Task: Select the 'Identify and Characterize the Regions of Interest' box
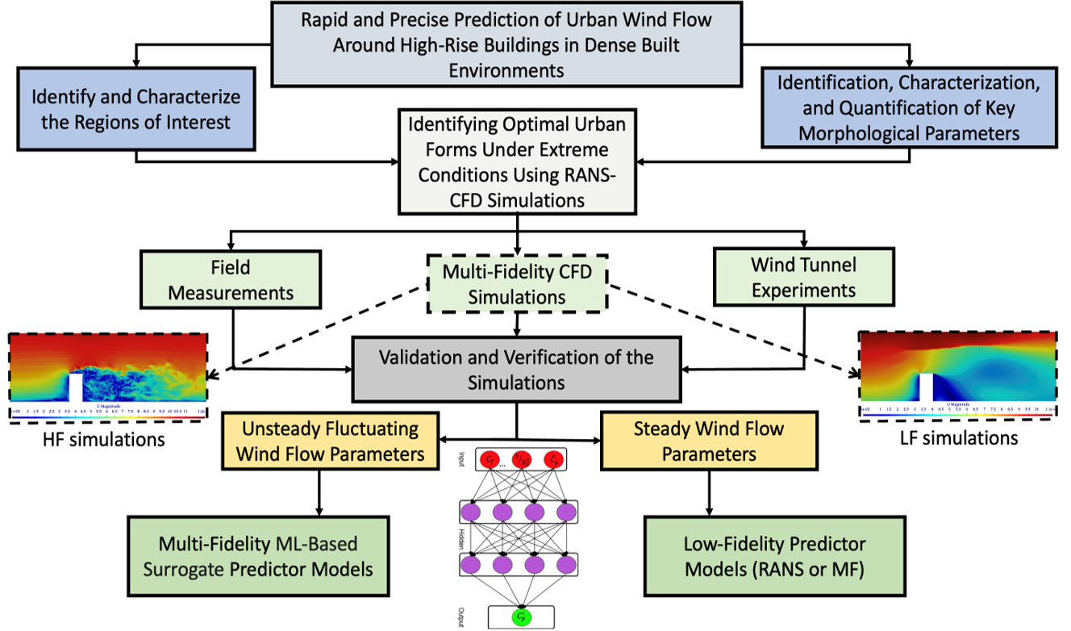[x=135, y=109]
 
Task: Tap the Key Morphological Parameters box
[x=910, y=107]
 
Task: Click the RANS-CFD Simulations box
[x=516, y=161]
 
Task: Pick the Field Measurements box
[x=231, y=278]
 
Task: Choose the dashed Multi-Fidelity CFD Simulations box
[x=516, y=284]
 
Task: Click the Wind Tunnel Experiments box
[x=803, y=277]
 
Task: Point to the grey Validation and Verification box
[x=516, y=369]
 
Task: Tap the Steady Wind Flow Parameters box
[x=709, y=441]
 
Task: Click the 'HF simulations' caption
[x=106, y=440]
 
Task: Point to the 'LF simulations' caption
[x=960, y=438]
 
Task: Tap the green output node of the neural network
[x=521, y=616]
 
